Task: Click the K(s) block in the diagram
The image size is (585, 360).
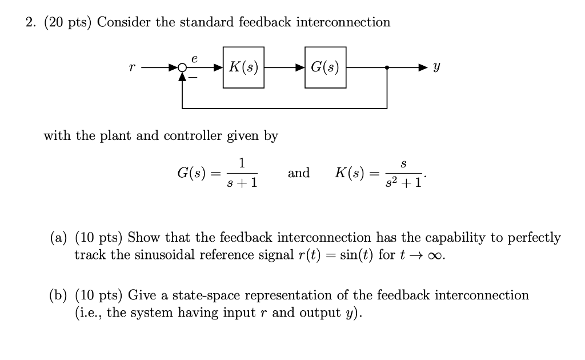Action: pos(243,67)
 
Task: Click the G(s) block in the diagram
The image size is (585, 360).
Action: pos(325,67)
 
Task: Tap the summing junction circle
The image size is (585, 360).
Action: pos(182,67)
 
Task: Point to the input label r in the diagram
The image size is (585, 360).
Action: pos(132,68)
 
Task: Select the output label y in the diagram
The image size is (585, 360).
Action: pos(437,68)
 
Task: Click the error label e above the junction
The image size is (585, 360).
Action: pos(194,58)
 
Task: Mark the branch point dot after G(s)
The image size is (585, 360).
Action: pos(387,67)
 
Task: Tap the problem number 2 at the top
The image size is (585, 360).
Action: pos(30,22)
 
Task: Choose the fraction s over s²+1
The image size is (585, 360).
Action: pos(403,173)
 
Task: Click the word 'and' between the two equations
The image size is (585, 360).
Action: pos(299,173)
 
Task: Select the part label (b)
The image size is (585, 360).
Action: pos(58,295)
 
